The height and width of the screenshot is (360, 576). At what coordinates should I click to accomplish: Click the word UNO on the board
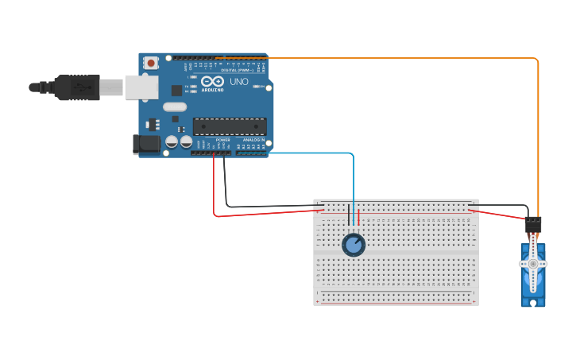point(239,82)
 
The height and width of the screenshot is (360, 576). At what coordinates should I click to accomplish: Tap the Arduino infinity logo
point(212,81)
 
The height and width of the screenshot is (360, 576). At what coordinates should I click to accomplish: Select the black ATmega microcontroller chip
point(230,126)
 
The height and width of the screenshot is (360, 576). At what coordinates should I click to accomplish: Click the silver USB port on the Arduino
point(141,87)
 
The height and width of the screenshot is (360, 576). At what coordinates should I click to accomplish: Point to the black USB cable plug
point(77,87)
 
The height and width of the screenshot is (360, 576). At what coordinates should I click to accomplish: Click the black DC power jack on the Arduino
point(146,144)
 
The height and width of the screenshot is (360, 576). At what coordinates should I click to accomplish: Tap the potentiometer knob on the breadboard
point(354,245)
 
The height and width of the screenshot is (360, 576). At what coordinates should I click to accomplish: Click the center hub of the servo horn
point(532,263)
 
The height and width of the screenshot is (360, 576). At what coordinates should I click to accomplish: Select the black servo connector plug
point(532,225)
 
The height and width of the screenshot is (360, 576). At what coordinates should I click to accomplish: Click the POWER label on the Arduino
point(222,140)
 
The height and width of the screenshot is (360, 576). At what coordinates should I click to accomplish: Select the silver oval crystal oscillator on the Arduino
point(174,106)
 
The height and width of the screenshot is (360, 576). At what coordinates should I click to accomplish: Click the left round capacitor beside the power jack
point(171,141)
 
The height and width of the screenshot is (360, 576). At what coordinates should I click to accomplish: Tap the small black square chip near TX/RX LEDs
point(176,91)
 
